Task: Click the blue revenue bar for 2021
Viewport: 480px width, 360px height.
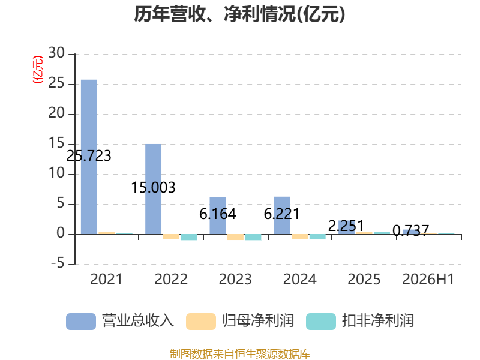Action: point(89,157)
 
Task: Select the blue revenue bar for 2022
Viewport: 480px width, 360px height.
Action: point(153,189)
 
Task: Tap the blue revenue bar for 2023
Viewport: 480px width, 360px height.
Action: point(218,216)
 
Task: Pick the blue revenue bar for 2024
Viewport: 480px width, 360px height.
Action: point(282,215)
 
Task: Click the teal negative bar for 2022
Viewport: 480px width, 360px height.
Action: point(188,237)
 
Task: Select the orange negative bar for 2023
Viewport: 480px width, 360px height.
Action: point(235,237)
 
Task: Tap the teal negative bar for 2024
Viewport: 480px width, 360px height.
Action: point(317,236)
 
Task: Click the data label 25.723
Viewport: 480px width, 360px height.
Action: point(89,156)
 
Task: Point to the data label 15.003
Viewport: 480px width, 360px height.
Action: point(153,187)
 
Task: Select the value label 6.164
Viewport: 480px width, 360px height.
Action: point(218,214)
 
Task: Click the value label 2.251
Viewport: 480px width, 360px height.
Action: point(346,226)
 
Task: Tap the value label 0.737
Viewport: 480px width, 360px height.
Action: point(410,230)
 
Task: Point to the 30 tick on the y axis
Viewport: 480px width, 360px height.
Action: point(56,53)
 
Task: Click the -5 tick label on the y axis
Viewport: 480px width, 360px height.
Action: point(58,263)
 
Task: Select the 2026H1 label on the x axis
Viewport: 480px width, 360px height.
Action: point(428,279)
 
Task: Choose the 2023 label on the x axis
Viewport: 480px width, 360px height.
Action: point(235,279)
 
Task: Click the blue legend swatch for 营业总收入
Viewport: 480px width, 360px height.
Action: point(81,322)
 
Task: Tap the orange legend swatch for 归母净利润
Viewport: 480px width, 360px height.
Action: point(201,322)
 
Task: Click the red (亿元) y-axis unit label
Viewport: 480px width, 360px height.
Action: point(38,70)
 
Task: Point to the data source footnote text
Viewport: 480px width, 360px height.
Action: point(240,354)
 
